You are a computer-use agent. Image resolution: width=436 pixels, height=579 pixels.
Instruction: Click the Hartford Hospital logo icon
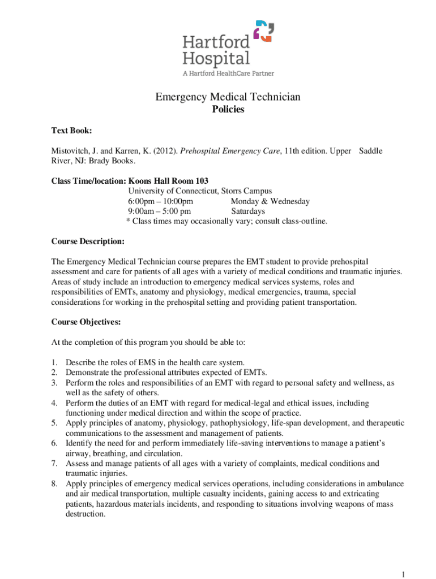coord(263,31)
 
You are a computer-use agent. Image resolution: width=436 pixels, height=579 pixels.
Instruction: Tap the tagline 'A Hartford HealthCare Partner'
coord(228,73)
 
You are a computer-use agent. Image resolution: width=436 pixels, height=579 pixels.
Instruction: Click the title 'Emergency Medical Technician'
coord(228,97)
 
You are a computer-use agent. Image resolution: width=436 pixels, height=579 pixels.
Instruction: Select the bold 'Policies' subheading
coord(228,110)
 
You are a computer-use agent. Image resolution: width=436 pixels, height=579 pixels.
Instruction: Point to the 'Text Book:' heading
coord(71,131)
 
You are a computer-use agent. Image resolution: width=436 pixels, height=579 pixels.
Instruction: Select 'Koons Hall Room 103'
coord(168,181)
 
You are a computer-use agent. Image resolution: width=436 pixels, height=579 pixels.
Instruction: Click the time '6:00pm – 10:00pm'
coord(161,201)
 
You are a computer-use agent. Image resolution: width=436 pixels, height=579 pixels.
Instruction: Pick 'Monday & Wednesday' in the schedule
coord(270,201)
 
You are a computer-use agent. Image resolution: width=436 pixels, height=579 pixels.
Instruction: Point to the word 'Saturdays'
coord(248,211)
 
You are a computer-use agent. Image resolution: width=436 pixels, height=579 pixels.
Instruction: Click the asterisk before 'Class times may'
coord(127,221)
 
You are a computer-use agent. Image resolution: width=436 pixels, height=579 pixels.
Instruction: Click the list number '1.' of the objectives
coord(54,362)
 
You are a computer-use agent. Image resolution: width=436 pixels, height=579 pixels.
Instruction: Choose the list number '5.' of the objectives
coord(54,423)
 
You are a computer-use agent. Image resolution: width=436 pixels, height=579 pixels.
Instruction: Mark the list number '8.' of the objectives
coord(54,484)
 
